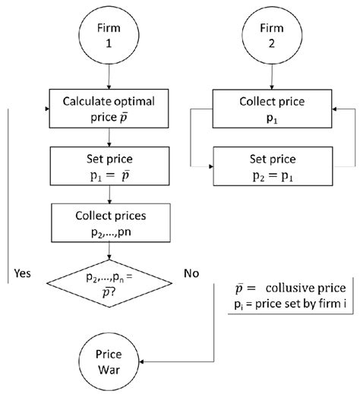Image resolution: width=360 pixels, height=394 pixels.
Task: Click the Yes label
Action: (22, 274)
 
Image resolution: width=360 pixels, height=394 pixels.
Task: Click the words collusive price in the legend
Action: (304, 288)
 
